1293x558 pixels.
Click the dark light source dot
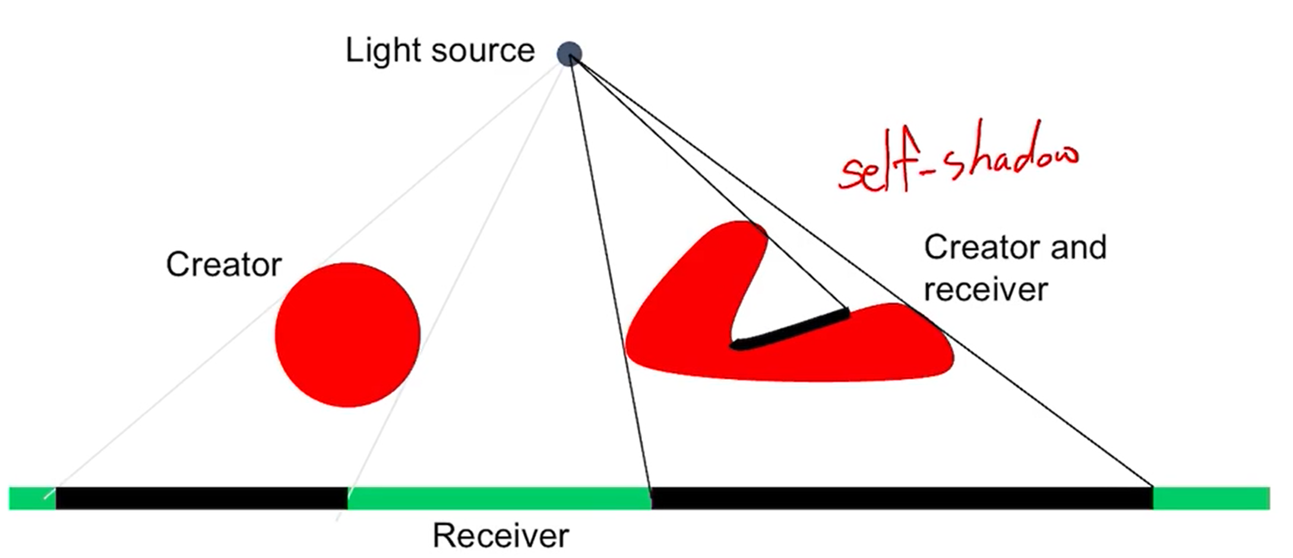click(x=569, y=54)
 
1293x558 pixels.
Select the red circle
click(x=347, y=335)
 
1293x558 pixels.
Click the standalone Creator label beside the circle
click(x=223, y=264)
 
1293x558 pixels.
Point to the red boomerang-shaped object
click(x=683, y=333)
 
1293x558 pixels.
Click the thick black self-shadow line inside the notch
click(x=790, y=328)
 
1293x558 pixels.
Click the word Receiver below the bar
click(x=500, y=536)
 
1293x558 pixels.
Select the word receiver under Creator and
click(x=985, y=290)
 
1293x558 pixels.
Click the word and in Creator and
click(x=1079, y=247)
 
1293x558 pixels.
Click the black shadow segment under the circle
click(x=202, y=498)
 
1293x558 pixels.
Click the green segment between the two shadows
click(x=499, y=498)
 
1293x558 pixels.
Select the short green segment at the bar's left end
click(x=31, y=498)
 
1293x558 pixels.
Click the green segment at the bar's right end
click(x=1212, y=498)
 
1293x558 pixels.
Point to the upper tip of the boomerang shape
click(x=742, y=232)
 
